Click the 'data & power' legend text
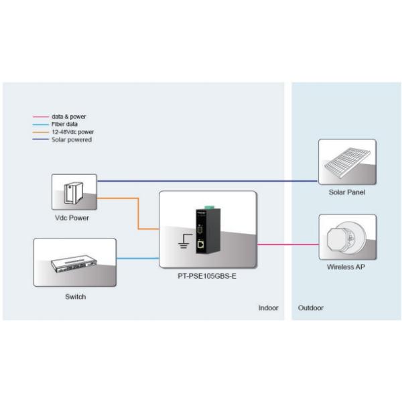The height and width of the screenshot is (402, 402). point(68,117)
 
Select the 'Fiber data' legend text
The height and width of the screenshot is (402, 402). point(65,124)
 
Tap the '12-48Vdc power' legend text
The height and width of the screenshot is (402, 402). point(72,132)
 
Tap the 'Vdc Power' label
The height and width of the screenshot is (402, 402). point(72,218)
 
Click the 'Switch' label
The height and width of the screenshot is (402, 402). point(75,296)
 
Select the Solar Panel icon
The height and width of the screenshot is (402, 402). point(347,161)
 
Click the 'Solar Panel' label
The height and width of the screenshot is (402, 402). point(346,192)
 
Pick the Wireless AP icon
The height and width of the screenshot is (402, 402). point(346,237)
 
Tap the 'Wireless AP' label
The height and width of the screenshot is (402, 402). point(346,267)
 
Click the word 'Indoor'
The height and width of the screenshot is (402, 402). point(268,308)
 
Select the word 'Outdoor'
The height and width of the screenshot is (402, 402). point(310,308)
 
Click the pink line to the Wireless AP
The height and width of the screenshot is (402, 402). point(287,245)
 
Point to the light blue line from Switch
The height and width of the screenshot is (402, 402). point(137,258)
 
